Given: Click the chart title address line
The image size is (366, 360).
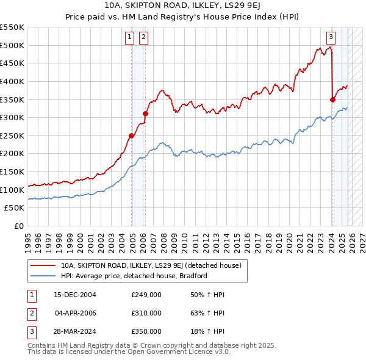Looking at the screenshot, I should [x=182, y=7].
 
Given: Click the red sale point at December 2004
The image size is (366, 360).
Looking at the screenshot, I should [x=132, y=136].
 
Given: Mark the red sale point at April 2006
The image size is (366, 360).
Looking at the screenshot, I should [x=145, y=113].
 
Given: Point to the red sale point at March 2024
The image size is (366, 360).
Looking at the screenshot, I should [x=332, y=99].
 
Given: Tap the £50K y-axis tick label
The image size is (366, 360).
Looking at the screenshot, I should [x=15, y=208].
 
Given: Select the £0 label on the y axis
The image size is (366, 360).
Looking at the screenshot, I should [x=20, y=226].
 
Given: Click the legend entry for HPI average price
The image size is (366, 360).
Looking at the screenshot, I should [x=134, y=276].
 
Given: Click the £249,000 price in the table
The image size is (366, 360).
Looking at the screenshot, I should [x=146, y=295].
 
